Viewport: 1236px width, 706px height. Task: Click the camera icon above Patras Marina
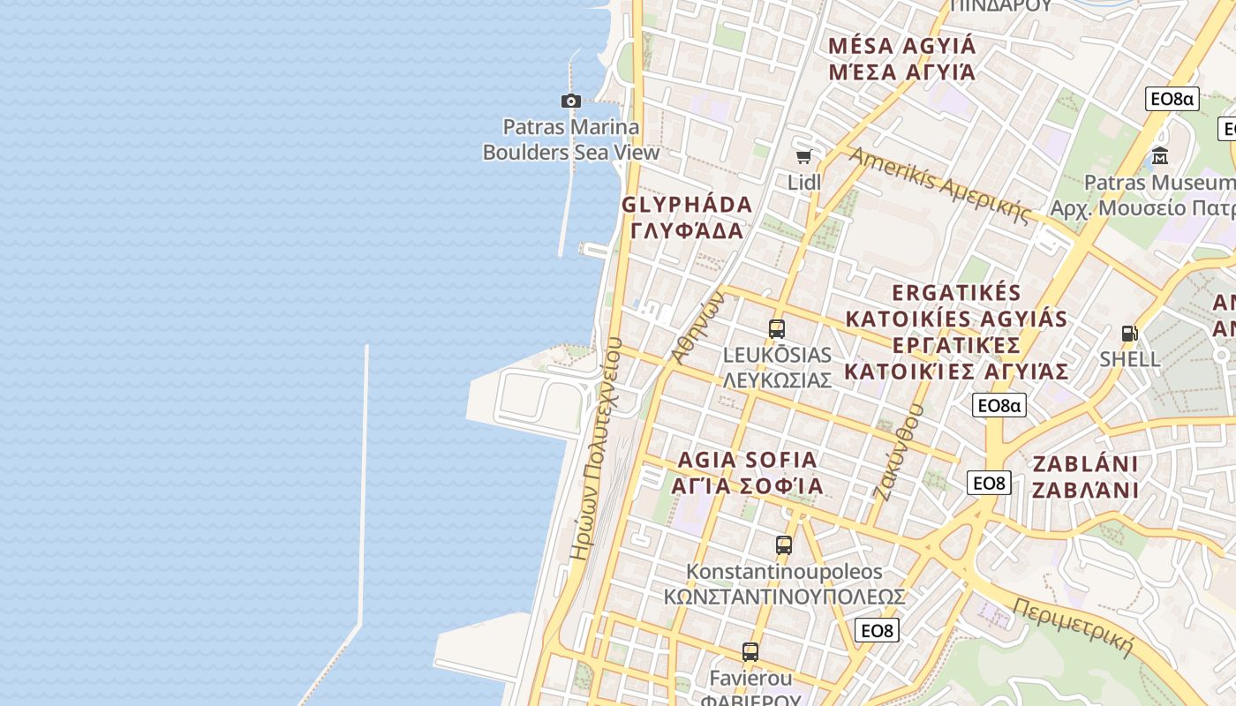click(x=571, y=101)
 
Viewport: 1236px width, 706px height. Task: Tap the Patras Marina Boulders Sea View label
click(x=571, y=139)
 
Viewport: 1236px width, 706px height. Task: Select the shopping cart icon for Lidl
click(x=803, y=157)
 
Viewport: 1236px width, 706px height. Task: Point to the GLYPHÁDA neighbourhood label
click(x=687, y=217)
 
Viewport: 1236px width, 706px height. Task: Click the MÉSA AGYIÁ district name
click(x=902, y=58)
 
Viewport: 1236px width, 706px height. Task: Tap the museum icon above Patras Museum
click(x=1160, y=156)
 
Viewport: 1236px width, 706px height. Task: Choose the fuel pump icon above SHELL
click(x=1129, y=334)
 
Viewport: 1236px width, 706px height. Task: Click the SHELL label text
click(x=1129, y=359)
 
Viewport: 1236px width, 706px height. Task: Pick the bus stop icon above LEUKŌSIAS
click(x=777, y=329)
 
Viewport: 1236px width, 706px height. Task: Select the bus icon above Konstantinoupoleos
click(x=784, y=545)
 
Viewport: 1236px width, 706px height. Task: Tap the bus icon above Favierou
click(x=750, y=652)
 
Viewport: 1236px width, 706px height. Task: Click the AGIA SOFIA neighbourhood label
click(x=747, y=473)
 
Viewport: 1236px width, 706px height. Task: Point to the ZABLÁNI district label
click(x=1085, y=477)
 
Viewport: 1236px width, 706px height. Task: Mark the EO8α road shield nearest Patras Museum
click(x=1172, y=99)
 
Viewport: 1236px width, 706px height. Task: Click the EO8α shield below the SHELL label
click(x=999, y=405)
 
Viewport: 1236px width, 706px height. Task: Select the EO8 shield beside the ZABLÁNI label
click(x=989, y=483)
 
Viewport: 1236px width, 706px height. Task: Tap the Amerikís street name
click(x=939, y=184)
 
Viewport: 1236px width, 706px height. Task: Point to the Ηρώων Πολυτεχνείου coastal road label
click(x=596, y=450)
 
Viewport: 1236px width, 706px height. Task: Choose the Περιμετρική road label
click(x=1073, y=627)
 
